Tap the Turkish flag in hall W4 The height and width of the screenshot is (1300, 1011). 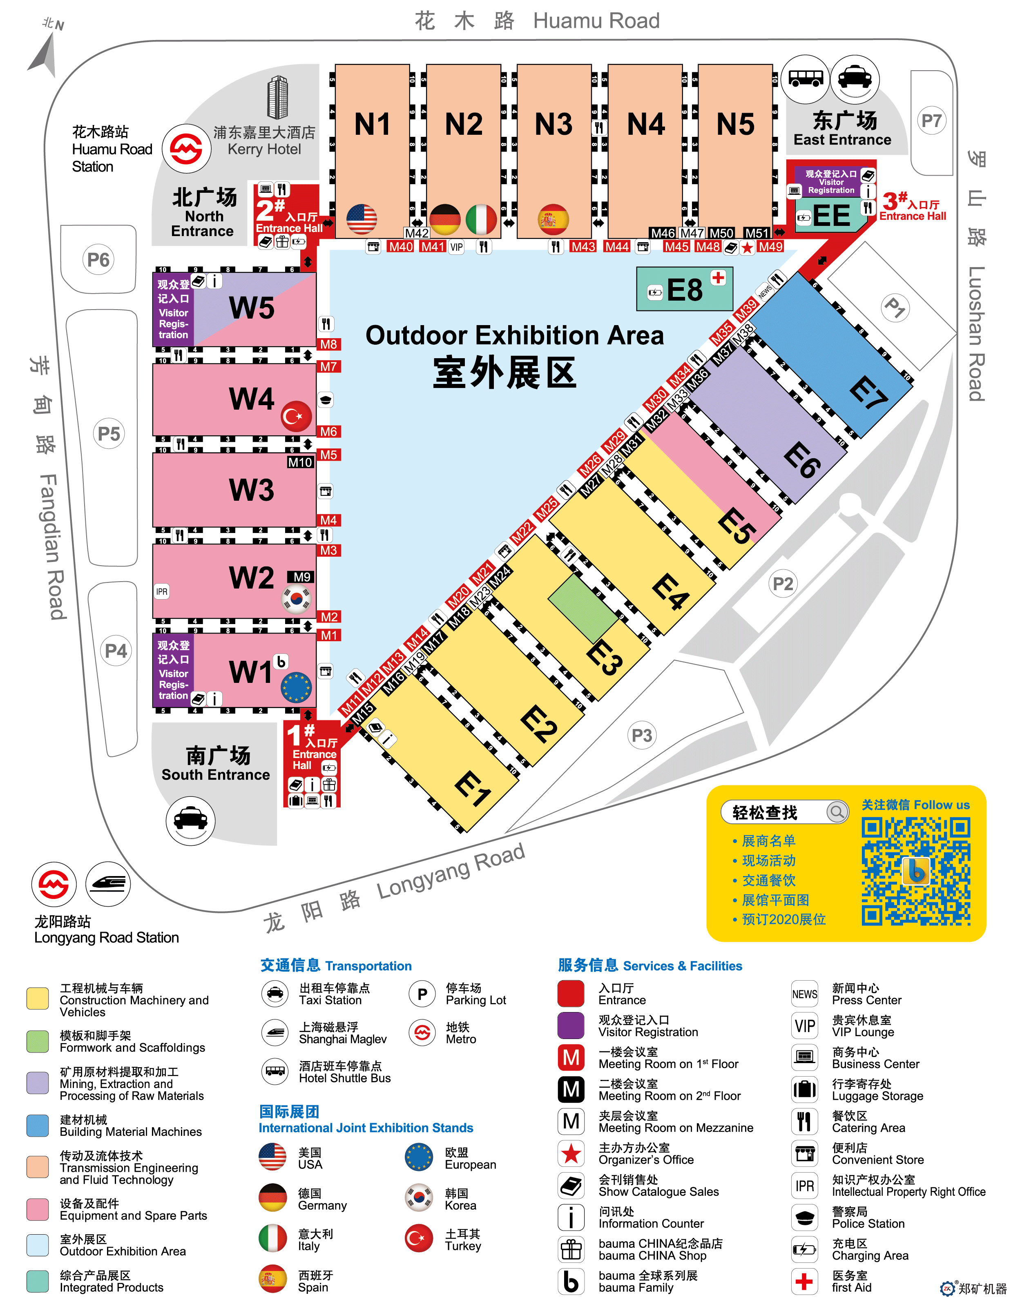pyautogui.click(x=296, y=416)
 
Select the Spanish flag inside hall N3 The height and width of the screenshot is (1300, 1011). pyautogui.click(x=553, y=219)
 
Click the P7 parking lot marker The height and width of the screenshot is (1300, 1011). pyautogui.click(x=931, y=121)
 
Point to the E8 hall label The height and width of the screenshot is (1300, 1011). pyautogui.click(x=685, y=290)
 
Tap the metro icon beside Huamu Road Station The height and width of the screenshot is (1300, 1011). pyautogui.click(x=186, y=148)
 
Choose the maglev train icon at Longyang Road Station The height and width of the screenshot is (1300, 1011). pyautogui.click(x=108, y=883)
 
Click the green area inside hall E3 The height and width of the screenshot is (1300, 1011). pyautogui.click(x=582, y=607)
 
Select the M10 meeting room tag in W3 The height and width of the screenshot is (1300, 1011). pyautogui.click(x=300, y=462)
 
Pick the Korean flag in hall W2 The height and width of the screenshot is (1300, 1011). pyautogui.click(x=296, y=598)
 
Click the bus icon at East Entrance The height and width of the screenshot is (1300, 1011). pyautogui.click(x=805, y=78)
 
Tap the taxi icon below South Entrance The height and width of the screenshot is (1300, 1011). pyautogui.click(x=190, y=821)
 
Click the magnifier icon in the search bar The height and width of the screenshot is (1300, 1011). pyautogui.click(x=837, y=812)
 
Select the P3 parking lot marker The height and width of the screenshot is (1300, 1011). pyautogui.click(x=641, y=736)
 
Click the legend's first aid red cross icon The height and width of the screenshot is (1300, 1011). pyautogui.click(x=804, y=1281)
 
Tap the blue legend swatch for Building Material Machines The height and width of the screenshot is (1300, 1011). pyautogui.click(x=38, y=1126)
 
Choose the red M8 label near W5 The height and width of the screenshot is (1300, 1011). pyautogui.click(x=328, y=344)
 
